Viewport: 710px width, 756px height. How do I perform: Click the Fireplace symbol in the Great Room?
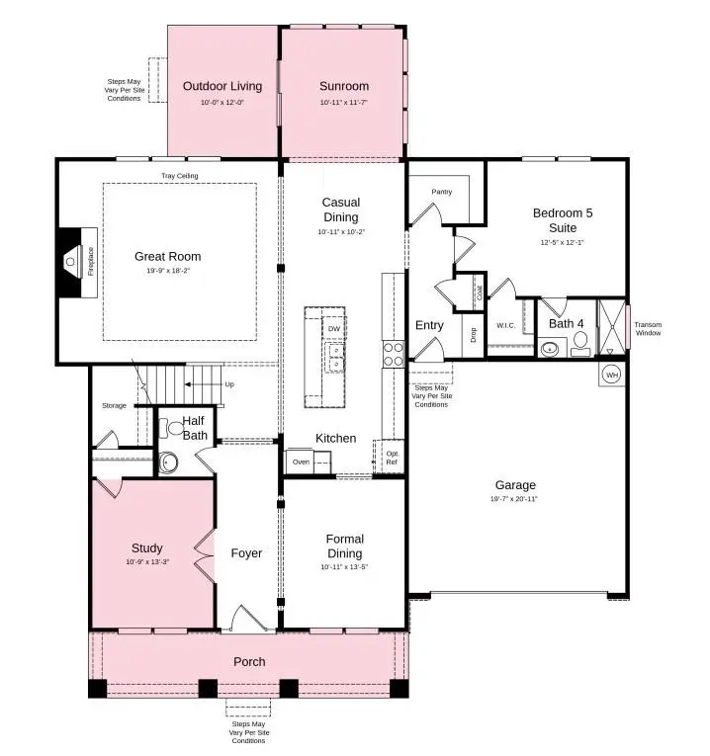point(71,262)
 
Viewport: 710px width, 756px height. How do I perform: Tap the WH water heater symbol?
point(611,375)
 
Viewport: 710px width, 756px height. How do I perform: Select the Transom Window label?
point(648,329)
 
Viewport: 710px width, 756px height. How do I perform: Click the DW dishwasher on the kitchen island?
point(334,328)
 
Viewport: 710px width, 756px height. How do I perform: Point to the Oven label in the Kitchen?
point(300,462)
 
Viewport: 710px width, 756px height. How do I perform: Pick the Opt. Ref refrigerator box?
point(392,458)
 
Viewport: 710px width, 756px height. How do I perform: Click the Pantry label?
point(441,192)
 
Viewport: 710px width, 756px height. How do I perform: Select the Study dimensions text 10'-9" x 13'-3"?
point(147,562)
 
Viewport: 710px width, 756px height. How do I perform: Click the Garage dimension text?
point(515,499)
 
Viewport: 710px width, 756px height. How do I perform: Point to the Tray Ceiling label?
point(180,176)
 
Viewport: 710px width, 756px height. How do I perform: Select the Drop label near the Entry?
point(473,334)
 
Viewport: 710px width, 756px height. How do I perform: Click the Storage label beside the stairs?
point(114,405)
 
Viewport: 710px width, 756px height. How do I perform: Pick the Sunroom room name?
point(344,87)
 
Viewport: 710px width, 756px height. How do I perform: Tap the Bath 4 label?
point(567,323)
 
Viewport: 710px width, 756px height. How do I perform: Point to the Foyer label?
point(246,553)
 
